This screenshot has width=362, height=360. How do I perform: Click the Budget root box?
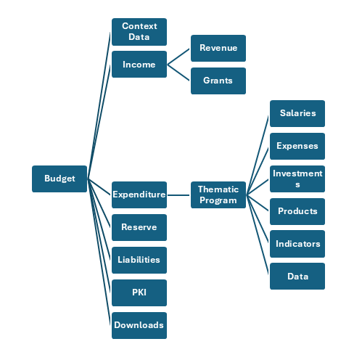pyautogui.click(x=59, y=179)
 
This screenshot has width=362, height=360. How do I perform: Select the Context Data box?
pyautogui.click(x=139, y=32)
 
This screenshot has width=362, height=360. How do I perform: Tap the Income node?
pyautogui.click(x=139, y=65)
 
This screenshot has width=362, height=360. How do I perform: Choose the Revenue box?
pyautogui.click(x=218, y=48)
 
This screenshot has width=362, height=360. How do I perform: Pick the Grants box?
pyautogui.click(x=218, y=81)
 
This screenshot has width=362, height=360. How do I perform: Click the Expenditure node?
pyautogui.click(x=139, y=195)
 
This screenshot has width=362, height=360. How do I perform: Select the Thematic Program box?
pyautogui.click(x=218, y=195)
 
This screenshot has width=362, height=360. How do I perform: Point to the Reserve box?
pyautogui.click(x=139, y=227)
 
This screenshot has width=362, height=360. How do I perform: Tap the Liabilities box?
pyautogui.click(x=139, y=260)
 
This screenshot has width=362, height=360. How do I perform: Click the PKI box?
pyautogui.click(x=139, y=292)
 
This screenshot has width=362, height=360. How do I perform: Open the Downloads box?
pyautogui.click(x=139, y=325)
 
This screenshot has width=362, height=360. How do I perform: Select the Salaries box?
pyautogui.click(x=297, y=113)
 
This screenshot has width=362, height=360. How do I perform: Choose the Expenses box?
pyautogui.click(x=297, y=146)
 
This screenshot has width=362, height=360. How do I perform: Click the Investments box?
pyautogui.click(x=297, y=179)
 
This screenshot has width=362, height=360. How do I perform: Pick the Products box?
pyautogui.click(x=297, y=211)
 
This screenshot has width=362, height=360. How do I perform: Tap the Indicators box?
pyautogui.click(x=297, y=244)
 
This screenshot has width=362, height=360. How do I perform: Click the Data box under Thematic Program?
pyautogui.click(x=297, y=277)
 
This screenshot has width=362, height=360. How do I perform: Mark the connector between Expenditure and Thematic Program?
pyautogui.click(x=179, y=195)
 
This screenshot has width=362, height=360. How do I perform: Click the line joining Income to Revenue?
pyautogui.click(x=179, y=57)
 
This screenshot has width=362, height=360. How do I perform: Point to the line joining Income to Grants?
pyautogui.click(x=179, y=73)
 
